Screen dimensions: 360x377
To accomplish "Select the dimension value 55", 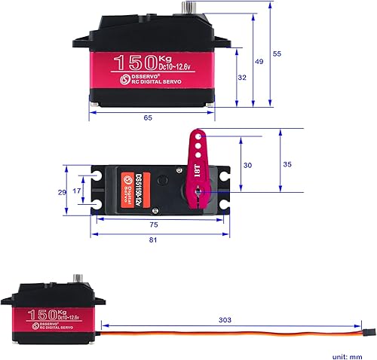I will click(277, 54).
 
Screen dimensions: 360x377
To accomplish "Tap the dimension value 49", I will click(259, 61).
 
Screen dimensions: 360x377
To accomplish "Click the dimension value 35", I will click(287, 163).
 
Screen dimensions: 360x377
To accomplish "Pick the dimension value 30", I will click(247, 165).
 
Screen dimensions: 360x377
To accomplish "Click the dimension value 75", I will click(154, 224).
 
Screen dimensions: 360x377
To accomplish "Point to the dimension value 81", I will click(154, 240).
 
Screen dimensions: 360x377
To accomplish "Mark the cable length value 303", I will click(225, 319).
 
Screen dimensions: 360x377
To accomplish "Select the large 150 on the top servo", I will click(135, 62).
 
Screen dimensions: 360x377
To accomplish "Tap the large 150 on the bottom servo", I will click(46, 313).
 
